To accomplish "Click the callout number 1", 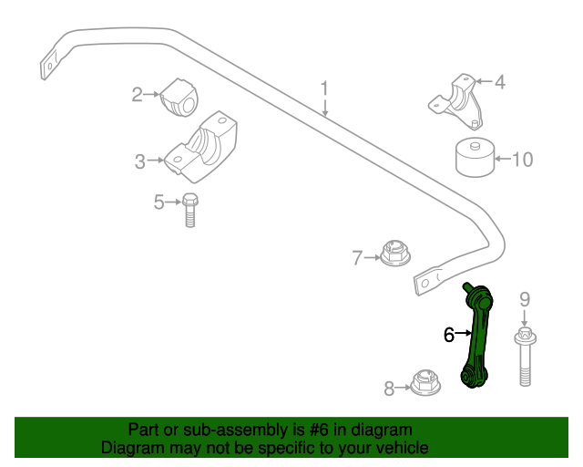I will click(x=324, y=89).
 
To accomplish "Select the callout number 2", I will click(x=138, y=94).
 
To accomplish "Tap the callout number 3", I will click(x=140, y=161).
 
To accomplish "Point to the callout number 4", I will click(x=499, y=82).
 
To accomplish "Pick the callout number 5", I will click(x=159, y=202).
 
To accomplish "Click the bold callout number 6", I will click(x=448, y=335).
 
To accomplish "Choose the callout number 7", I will click(x=358, y=257).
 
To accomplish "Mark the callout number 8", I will click(x=389, y=389).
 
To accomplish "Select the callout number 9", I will click(x=525, y=298).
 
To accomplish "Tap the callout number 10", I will click(x=522, y=161).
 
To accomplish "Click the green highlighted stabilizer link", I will click(x=477, y=337).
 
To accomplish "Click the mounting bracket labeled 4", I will click(x=460, y=99).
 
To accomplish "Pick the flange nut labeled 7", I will click(x=394, y=253).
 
